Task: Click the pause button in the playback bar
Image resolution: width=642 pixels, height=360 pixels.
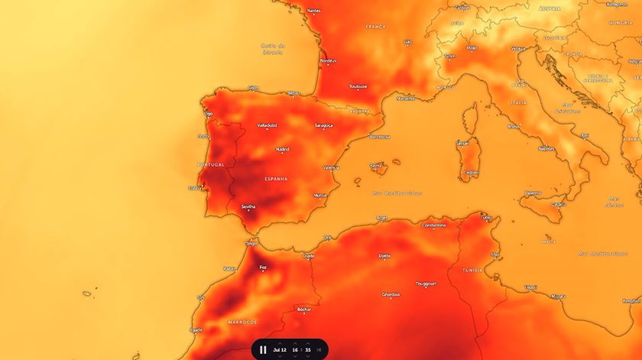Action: pos(263,349)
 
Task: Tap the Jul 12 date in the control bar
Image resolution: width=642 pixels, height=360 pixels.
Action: pos(279,349)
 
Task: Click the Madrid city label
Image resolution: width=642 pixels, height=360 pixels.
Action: pos(283,150)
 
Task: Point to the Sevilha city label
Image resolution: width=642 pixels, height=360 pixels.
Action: pos(248,206)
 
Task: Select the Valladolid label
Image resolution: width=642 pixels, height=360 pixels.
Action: pos(267,125)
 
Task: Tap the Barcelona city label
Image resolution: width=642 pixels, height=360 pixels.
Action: pos(380,137)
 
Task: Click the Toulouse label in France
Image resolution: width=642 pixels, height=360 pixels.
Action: pos(358,86)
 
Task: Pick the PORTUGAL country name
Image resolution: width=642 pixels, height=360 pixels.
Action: pos(211,164)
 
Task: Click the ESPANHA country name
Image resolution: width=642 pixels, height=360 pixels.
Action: pos(276,179)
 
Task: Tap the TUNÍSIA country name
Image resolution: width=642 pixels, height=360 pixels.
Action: pos(472,270)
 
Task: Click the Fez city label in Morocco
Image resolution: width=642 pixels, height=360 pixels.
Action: pos(263,268)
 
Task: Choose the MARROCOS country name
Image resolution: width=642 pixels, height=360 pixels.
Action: pos(242,322)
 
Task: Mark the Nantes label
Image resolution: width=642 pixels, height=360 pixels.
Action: pos(313,11)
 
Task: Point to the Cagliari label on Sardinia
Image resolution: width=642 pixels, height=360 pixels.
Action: pos(471,172)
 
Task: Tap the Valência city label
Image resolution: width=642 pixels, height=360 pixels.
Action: pos(331,167)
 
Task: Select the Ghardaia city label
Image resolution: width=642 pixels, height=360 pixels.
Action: pos(391,294)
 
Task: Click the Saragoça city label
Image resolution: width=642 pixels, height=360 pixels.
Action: pos(323,125)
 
